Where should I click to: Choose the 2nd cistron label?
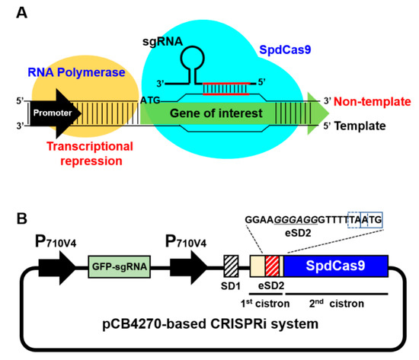point(336,303)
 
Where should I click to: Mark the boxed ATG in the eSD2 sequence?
point(374,219)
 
